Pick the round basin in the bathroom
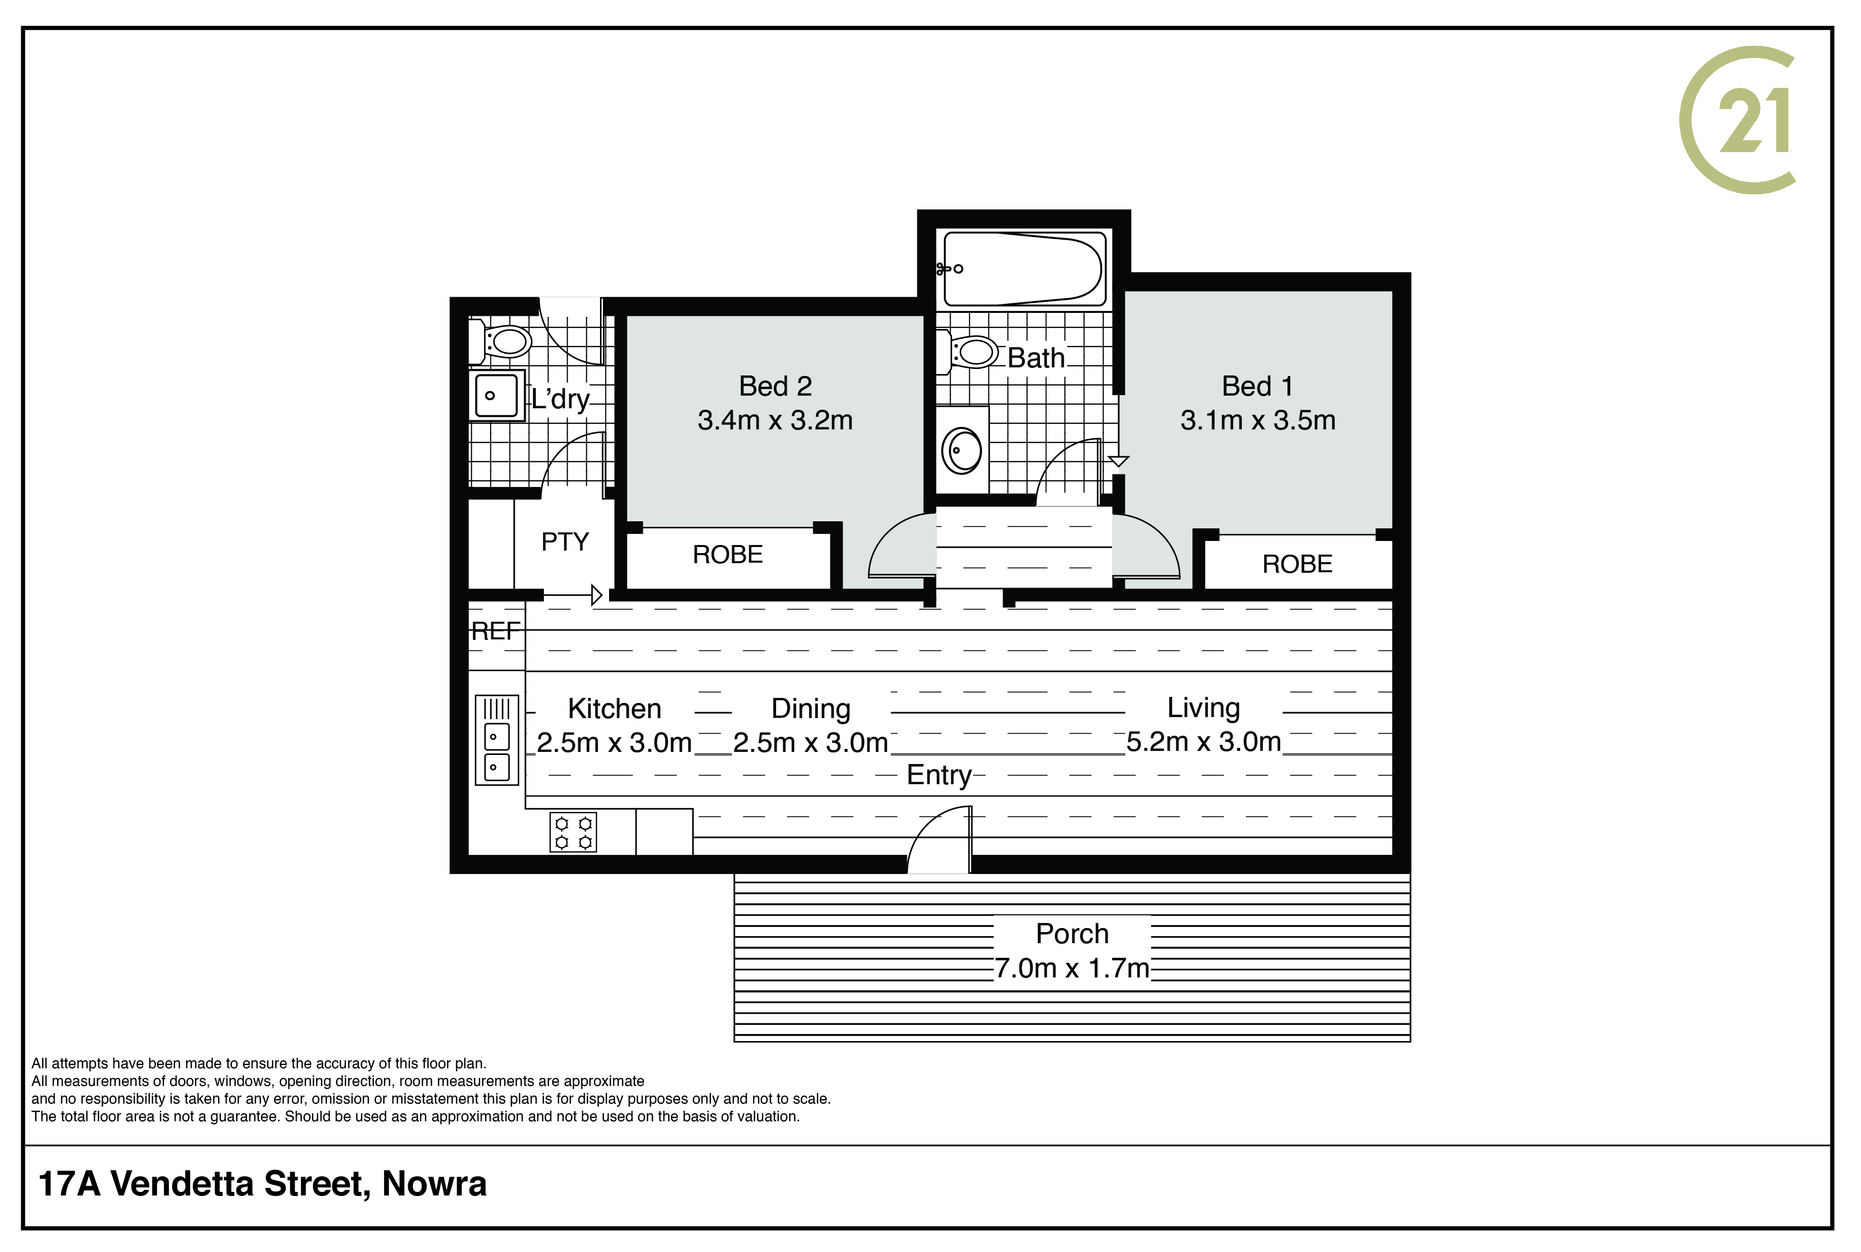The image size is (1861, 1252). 962,450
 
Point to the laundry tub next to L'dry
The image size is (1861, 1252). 497,395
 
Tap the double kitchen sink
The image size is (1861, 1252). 497,739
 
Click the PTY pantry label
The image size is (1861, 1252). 565,542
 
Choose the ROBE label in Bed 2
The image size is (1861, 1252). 727,554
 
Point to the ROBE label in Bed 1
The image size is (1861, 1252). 1297,564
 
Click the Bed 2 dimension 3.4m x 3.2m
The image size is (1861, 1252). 775,420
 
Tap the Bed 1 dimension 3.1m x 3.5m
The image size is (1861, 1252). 1258,420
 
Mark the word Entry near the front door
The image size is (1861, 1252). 939,775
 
